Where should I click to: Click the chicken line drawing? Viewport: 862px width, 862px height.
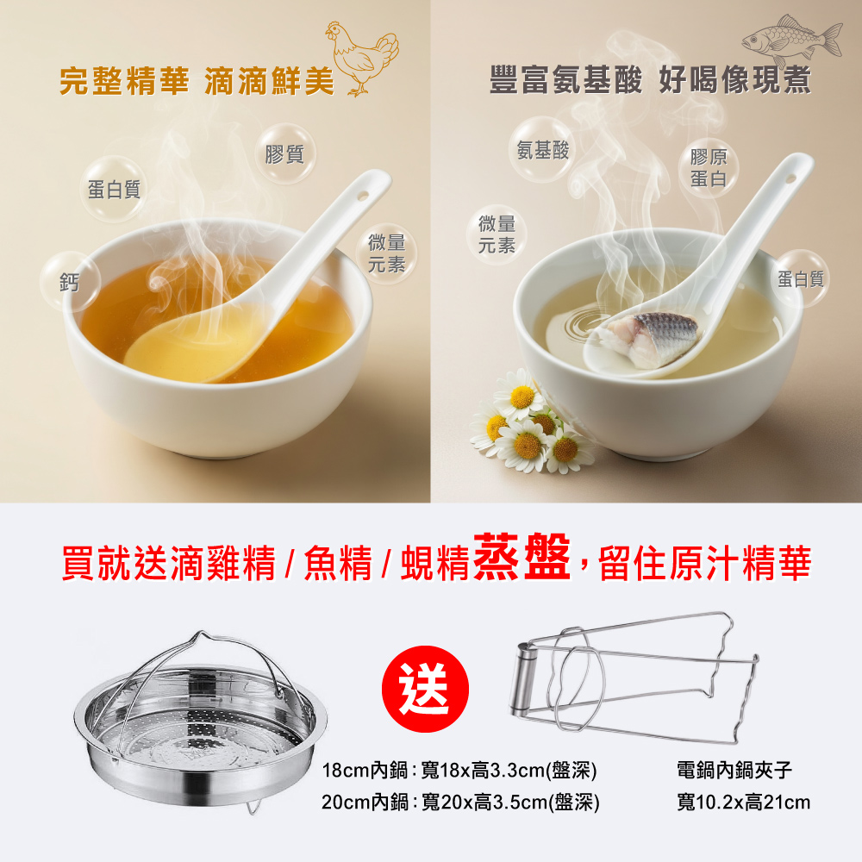pyautogui.click(x=362, y=58)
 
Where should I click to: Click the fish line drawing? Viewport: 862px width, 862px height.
pyautogui.click(x=791, y=40)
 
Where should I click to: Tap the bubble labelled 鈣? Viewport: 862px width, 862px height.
pyautogui.click(x=70, y=282)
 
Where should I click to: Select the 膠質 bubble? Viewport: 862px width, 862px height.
pyautogui.click(x=284, y=154)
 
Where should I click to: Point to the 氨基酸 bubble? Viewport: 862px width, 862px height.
pyautogui.click(x=542, y=149)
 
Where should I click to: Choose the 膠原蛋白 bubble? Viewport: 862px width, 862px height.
pyautogui.click(x=709, y=168)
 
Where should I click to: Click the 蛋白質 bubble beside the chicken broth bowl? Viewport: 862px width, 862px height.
pyautogui.click(x=114, y=189)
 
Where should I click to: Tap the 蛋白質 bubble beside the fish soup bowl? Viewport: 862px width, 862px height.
pyautogui.click(x=800, y=278)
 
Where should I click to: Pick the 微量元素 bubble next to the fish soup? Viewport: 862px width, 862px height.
pyautogui.click(x=497, y=234)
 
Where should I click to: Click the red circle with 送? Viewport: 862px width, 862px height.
pyautogui.click(x=425, y=689)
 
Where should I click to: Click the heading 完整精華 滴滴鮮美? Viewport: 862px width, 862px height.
pyautogui.click(x=197, y=81)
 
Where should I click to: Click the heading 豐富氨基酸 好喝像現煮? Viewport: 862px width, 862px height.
pyautogui.click(x=650, y=79)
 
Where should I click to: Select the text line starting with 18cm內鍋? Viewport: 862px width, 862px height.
pyautogui.click(x=459, y=770)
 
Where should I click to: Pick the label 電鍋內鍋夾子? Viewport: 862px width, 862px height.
pyautogui.click(x=734, y=770)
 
